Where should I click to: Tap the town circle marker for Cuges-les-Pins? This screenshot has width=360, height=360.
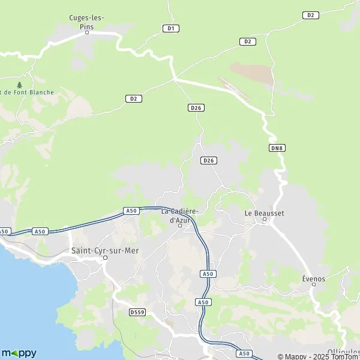(86, 32)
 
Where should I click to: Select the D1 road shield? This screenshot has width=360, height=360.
(171, 28)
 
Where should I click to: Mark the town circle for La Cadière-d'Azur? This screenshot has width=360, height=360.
(179, 226)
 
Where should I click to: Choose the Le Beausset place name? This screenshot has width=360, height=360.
(264, 213)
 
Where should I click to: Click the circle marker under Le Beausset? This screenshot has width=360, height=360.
(265, 221)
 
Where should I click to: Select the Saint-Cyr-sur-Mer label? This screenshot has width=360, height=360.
(105, 250)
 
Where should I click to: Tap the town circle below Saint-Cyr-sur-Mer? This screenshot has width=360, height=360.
(105, 259)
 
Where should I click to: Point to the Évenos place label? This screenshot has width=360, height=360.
(313, 278)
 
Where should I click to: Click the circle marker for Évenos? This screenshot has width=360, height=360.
(314, 285)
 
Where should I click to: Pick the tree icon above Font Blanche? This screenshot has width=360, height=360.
(20, 85)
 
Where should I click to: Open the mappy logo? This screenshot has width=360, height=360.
(19, 353)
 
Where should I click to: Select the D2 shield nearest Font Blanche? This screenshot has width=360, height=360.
(134, 99)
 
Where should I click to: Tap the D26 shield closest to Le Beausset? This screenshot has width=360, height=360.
(209, 160)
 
